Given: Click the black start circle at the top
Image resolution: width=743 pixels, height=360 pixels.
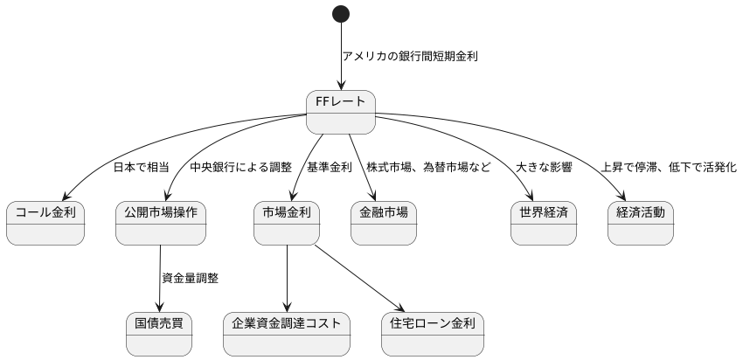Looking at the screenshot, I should point(341,13).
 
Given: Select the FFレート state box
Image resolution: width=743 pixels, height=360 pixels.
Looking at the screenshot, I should point(341,112).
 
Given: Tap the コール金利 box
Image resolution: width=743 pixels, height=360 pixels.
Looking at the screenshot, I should point(45,223).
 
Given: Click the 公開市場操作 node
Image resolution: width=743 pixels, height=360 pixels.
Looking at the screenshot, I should point(161,223).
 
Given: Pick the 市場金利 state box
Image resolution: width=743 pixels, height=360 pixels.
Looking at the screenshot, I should point(286,223).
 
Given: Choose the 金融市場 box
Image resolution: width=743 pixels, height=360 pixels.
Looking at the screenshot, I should point(384,223).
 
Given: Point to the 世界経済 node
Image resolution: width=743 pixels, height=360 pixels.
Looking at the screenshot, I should point(544,223).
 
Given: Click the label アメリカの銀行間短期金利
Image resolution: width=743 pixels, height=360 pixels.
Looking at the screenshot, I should point(410,56).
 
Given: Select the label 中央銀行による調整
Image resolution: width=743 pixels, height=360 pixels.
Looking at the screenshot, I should point(240,167).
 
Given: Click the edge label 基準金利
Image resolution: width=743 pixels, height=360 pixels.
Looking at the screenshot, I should point(329,167).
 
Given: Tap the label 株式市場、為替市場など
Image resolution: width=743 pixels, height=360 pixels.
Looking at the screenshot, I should point(428,167).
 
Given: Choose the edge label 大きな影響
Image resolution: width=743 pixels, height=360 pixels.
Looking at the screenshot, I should point(544,167).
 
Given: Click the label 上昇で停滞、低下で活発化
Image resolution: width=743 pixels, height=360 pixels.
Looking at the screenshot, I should point(669,167).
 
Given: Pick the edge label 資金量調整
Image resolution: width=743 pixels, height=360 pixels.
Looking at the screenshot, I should point(190,279).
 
